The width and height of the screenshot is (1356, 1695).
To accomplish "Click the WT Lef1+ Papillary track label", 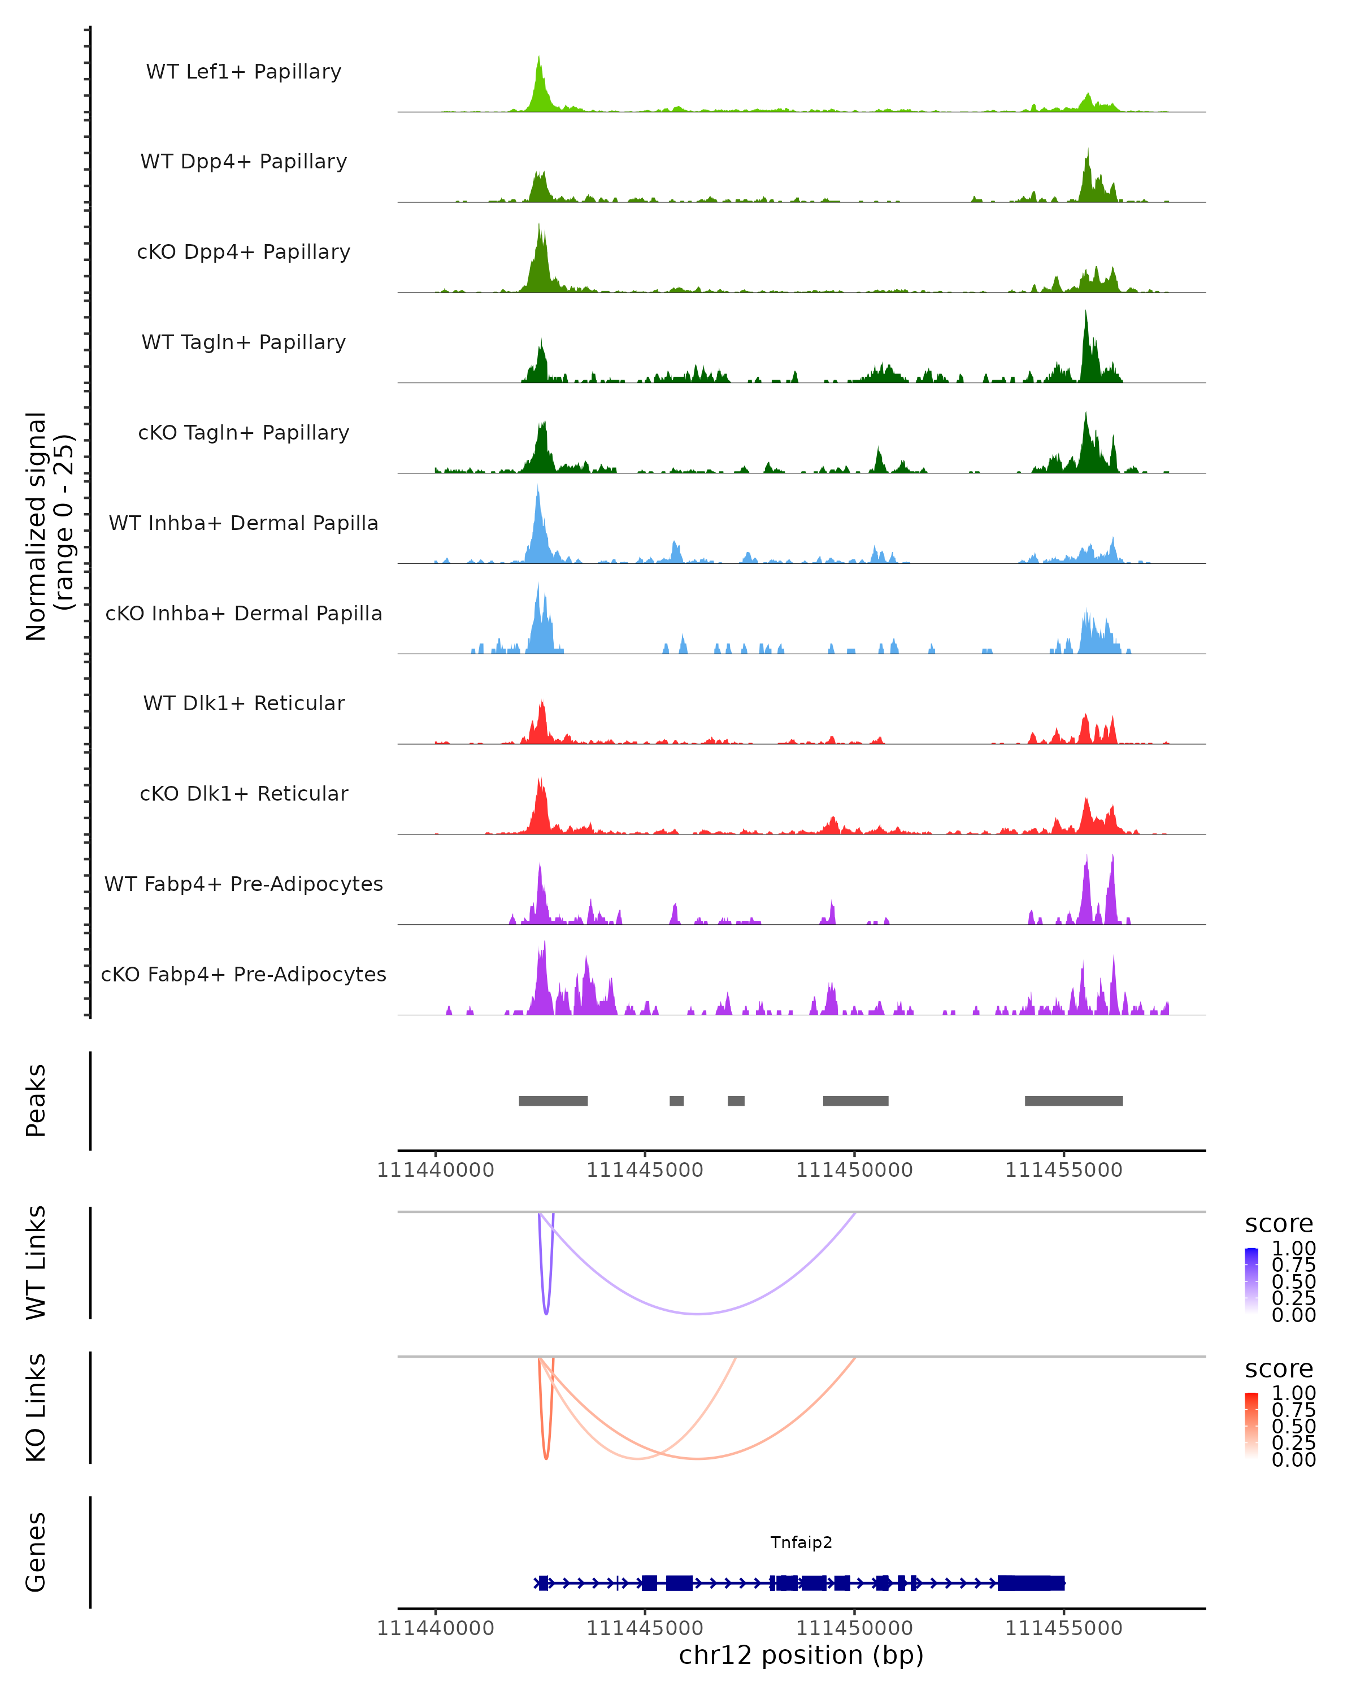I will click(x=244, y=72).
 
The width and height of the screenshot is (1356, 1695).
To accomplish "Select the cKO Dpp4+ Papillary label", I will click(x=244, y=253).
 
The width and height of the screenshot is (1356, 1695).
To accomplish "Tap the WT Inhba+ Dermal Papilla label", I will click(x=244, y=524).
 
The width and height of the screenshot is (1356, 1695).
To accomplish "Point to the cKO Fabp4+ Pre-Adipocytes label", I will click(x=244, y=975).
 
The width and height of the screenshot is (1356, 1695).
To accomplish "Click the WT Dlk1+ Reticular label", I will click(x=244, y=703).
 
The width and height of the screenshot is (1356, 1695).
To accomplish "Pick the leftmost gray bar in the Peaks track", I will click(x=553, y=1101).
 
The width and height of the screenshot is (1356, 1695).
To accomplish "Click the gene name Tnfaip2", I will click(x=801, y=1542).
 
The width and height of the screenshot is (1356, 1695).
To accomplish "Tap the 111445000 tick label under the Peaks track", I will click(x=645, y=1171).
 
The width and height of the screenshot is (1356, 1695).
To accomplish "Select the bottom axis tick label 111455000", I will click(x=1063, y=1628).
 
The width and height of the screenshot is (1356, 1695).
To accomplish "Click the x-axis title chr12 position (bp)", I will click(x=801, y=1655).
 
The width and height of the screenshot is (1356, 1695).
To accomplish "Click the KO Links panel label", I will click(x=36, y=1408).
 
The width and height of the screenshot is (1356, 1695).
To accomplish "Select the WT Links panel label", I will click(x=36, y=1263).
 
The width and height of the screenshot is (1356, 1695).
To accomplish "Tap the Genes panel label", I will click(x=36, y=1553).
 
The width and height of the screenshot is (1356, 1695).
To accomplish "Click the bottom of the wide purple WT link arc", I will click(x=697, y=1314).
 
